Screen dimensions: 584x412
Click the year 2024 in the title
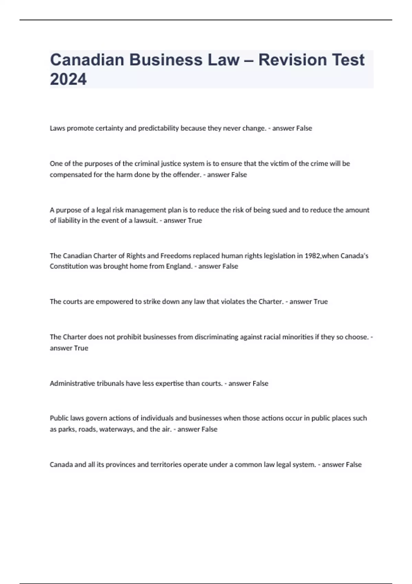coord(68,79)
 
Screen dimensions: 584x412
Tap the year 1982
coord(312,256)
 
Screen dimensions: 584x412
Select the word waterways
coord(117,429)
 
